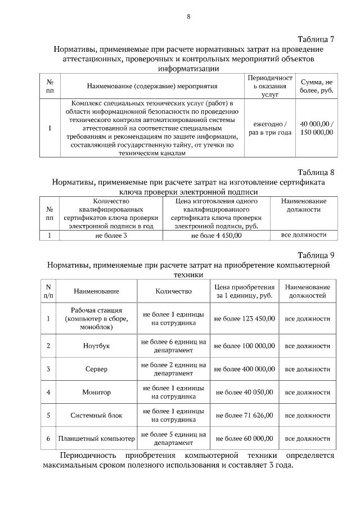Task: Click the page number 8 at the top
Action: pyautogui.click(x=188, y=17)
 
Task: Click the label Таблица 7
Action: pyautogui.click(x=316, y=39)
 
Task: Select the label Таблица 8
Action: pyautogui.click(x=316, y=172)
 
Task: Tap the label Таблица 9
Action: pyautogui.click(x=316, y=254)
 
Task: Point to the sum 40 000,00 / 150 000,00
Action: pyautogui.click(x=317, y=128)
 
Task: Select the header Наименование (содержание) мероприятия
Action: pyautogui.click(x=152, y=87)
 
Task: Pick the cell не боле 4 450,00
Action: pyautogui.click(x=216, y=236)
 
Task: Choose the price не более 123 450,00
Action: pyautogui.click(x=244, y=318)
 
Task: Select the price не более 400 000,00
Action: pyautogui.click(x=244, y=369)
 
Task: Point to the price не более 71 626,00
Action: pyautogui.click(x=244, y=415)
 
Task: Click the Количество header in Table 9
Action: pyautogui.click(x=173, y=291)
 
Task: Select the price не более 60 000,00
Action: pyautogui.click(x=244, y=438)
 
